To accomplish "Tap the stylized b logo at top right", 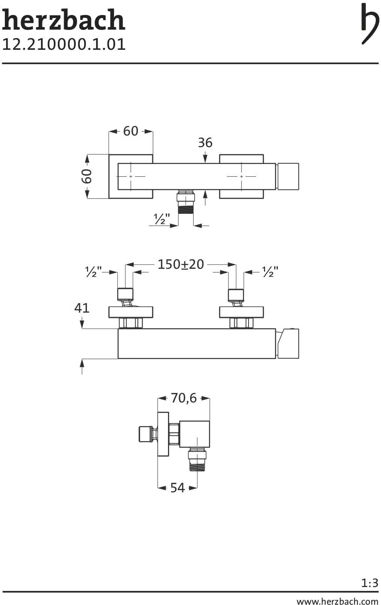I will [x=369, y=23].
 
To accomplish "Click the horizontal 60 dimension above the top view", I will [x=130, y=131].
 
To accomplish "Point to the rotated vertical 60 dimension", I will [x=87, y=176].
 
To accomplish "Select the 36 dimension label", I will [x=205, y=143].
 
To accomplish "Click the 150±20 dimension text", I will [x=180, y=265].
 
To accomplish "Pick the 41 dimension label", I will [x=82, y=308].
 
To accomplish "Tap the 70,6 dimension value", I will [x=183, y=398].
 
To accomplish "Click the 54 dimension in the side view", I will [x=177, y=488].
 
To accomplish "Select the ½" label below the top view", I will [x=162, y=219].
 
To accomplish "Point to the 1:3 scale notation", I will [x=369, y=583].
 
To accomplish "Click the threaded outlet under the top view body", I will [x=186, y=204].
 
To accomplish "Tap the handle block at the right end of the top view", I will [x=288, y=176].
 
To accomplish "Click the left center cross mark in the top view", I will [x=130, y=176].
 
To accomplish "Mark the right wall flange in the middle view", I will [x=241, y=312].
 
